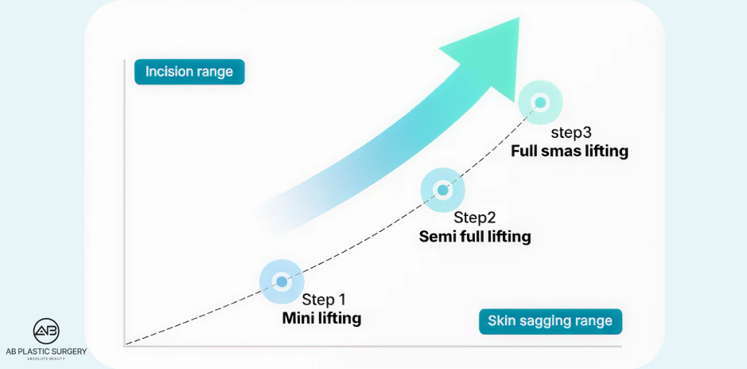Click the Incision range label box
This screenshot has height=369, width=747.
coord(189,72)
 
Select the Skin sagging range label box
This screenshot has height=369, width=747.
coord(550,321)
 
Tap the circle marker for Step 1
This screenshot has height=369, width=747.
coord(282,281)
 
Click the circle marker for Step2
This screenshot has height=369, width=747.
coord(443,190)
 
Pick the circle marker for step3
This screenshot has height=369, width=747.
coord(540,103)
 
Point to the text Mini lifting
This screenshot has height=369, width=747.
coord(321,318)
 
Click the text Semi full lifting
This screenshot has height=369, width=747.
coord(475,237)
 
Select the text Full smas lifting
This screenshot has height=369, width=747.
coord(570,150)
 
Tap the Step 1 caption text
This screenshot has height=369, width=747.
coord(324,300)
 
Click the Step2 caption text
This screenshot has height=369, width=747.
coord(475,218)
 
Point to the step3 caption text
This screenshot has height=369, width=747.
coord(571,132)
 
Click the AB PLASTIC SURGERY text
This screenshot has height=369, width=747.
coord(45,351)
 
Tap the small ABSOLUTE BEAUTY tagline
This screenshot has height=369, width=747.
coord(45,359)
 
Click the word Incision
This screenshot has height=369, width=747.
coord(167,72)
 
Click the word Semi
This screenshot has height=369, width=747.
coord(436,237)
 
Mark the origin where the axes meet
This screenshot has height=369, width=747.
coord(125,345)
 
